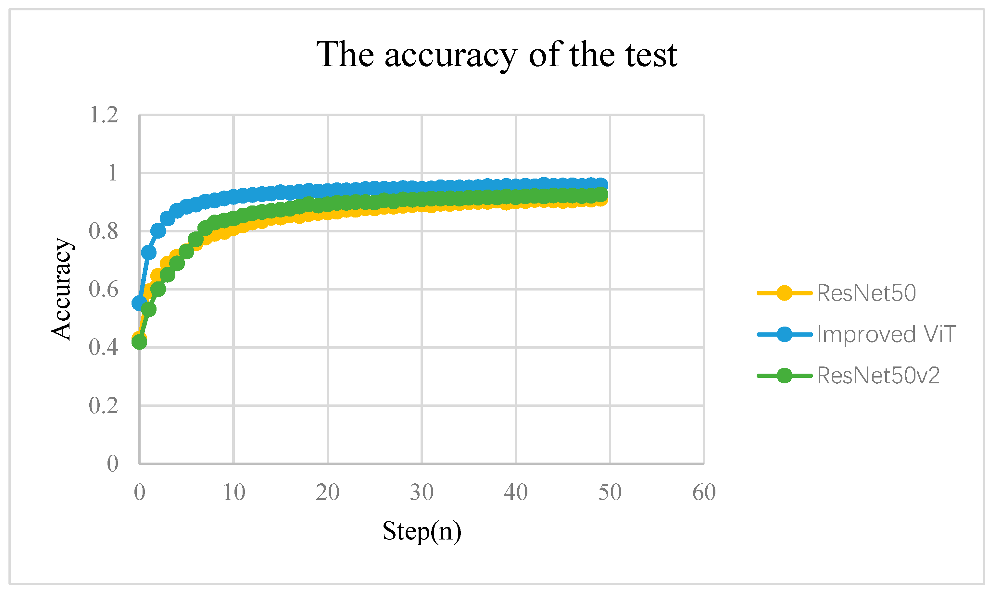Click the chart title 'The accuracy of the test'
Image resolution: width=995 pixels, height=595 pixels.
[497, 55]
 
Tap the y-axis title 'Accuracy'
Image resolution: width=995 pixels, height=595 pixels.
[61, 289]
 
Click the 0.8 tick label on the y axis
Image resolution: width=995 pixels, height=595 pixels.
[104, 231]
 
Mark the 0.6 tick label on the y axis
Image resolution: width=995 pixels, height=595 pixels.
[104, 290]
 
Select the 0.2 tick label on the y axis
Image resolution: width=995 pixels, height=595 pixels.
[104, 406]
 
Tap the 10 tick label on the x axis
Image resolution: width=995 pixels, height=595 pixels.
[234, 492]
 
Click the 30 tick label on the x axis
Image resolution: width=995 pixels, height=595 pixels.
[422, 492]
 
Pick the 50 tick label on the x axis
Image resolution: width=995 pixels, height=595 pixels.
[610, 492]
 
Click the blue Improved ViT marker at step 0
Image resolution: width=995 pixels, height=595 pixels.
[139, 303]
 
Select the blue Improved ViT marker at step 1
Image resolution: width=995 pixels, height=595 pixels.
[149, 253]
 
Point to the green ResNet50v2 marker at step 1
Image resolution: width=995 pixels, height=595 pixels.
[149, 309]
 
